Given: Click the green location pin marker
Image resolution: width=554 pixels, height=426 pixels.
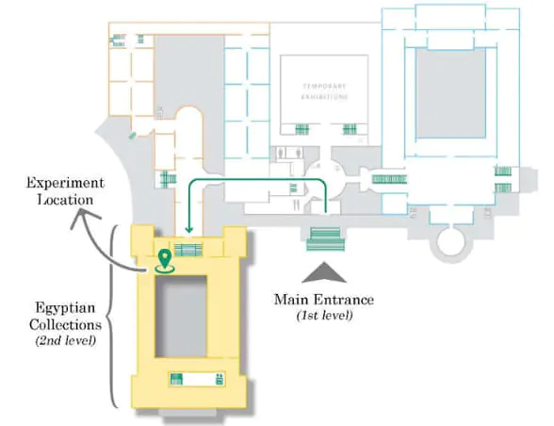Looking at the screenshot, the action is point(164,261).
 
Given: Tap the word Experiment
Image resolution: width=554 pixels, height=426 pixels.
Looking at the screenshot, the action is point(65,184).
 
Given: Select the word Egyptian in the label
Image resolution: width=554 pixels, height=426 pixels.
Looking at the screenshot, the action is point(65,308).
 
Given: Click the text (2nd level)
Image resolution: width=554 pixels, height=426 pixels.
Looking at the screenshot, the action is point(66,341).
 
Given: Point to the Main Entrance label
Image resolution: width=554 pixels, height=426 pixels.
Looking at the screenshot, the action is point(324,300).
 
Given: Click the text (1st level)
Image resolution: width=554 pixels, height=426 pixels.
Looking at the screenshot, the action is point(325,315).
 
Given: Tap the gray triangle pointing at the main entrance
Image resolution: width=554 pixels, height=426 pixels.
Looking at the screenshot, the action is point(324,272).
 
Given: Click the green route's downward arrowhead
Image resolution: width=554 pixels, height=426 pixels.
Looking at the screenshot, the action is point(189,230).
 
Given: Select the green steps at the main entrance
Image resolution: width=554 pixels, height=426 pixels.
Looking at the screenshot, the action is point(325,239).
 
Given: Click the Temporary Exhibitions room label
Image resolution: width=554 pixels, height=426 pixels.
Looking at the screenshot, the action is point(325,91).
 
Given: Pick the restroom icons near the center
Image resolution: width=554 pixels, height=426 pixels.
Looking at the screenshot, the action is point(290,154).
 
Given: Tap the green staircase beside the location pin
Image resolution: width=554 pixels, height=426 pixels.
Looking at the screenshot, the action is point(188,250).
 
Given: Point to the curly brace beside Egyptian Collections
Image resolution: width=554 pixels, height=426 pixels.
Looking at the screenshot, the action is point(112,317).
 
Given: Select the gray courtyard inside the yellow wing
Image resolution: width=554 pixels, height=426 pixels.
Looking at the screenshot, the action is point(181,317).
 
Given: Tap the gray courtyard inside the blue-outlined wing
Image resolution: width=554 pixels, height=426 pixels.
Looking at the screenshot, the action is point(450,93).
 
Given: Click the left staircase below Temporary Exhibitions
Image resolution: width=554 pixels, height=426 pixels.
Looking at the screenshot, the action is point(302,129).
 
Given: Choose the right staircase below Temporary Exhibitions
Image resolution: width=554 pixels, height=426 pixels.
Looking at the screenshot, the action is point(350,129).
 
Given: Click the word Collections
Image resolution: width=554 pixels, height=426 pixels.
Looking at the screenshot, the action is point(65,324).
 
